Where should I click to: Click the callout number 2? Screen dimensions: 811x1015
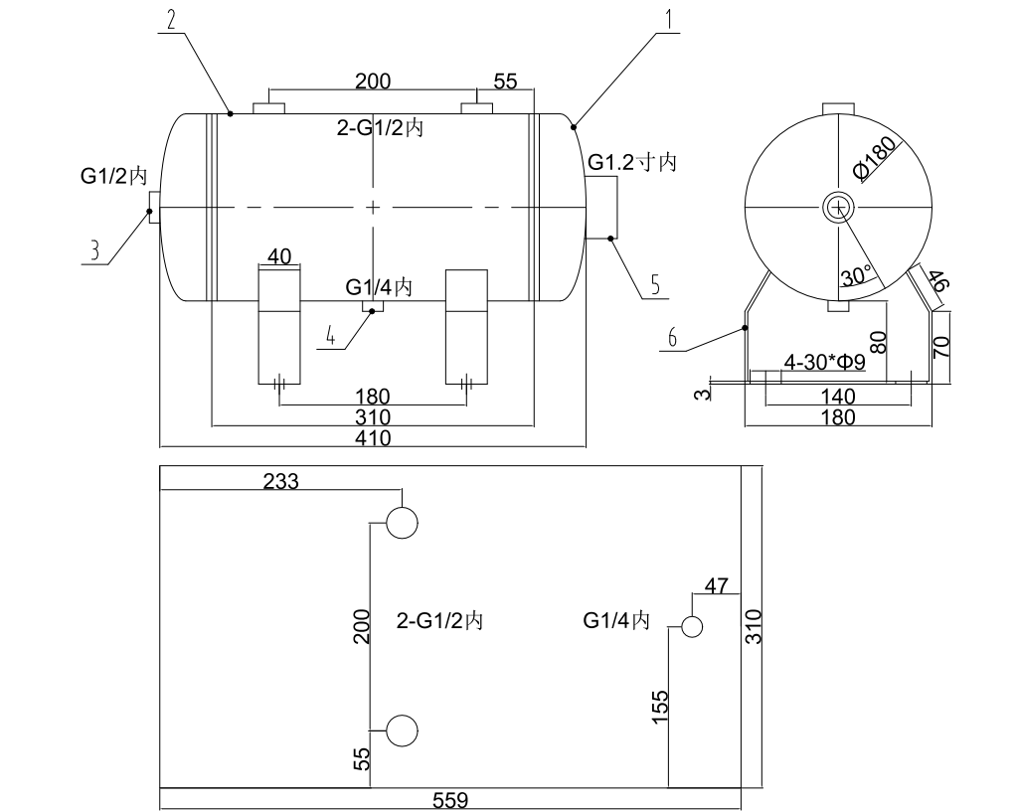[172, 19]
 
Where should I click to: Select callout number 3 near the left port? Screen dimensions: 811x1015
[95, 249]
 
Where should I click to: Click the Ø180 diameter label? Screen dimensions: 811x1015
[876, 157]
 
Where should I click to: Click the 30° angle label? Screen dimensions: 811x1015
[856, 275]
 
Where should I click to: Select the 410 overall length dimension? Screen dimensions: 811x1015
[373, 437]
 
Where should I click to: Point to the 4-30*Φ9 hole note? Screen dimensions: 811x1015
[824, 363]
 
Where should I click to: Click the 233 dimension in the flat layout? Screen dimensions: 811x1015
[280, 481]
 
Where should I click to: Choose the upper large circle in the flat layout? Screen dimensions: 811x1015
[402, 522]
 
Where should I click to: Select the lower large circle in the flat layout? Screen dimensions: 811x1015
[402, 730]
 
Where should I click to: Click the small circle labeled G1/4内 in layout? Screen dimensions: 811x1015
[691, 626]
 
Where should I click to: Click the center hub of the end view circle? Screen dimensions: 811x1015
[839, 207]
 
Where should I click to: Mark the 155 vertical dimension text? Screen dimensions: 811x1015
[661, 709]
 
